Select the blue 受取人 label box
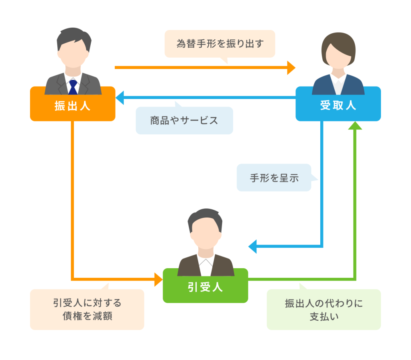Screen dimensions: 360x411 coord(338,105)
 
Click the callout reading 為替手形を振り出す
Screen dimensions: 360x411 coord(220,43)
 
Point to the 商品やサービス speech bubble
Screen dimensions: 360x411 coord(184,120)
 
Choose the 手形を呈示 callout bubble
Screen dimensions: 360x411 coord(274,178)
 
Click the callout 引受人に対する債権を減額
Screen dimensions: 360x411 coord(87,309)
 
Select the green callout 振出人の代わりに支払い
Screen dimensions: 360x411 coord(324,309)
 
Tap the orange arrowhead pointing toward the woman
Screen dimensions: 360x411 coord(291,67)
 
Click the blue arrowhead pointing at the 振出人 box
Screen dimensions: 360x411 coord(120,97)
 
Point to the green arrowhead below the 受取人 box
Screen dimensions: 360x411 coord(355,125)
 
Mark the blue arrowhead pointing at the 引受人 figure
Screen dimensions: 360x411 coord(252,246)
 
